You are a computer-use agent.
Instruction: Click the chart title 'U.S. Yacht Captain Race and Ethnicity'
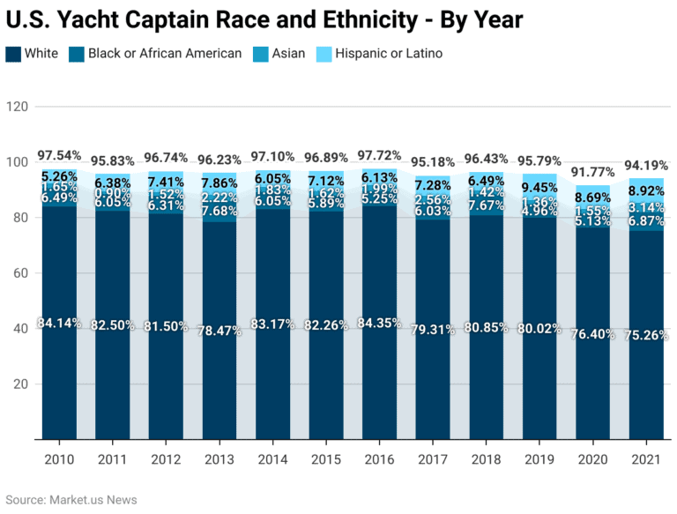pos(264,19)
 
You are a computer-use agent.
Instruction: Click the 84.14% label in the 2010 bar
pos(59,323)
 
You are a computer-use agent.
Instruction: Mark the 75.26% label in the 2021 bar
pos(646,335)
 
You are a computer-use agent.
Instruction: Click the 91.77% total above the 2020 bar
pos(591,171)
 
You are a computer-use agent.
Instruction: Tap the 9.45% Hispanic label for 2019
pos(538,187)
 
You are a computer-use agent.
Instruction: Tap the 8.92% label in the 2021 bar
pos(646,190)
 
